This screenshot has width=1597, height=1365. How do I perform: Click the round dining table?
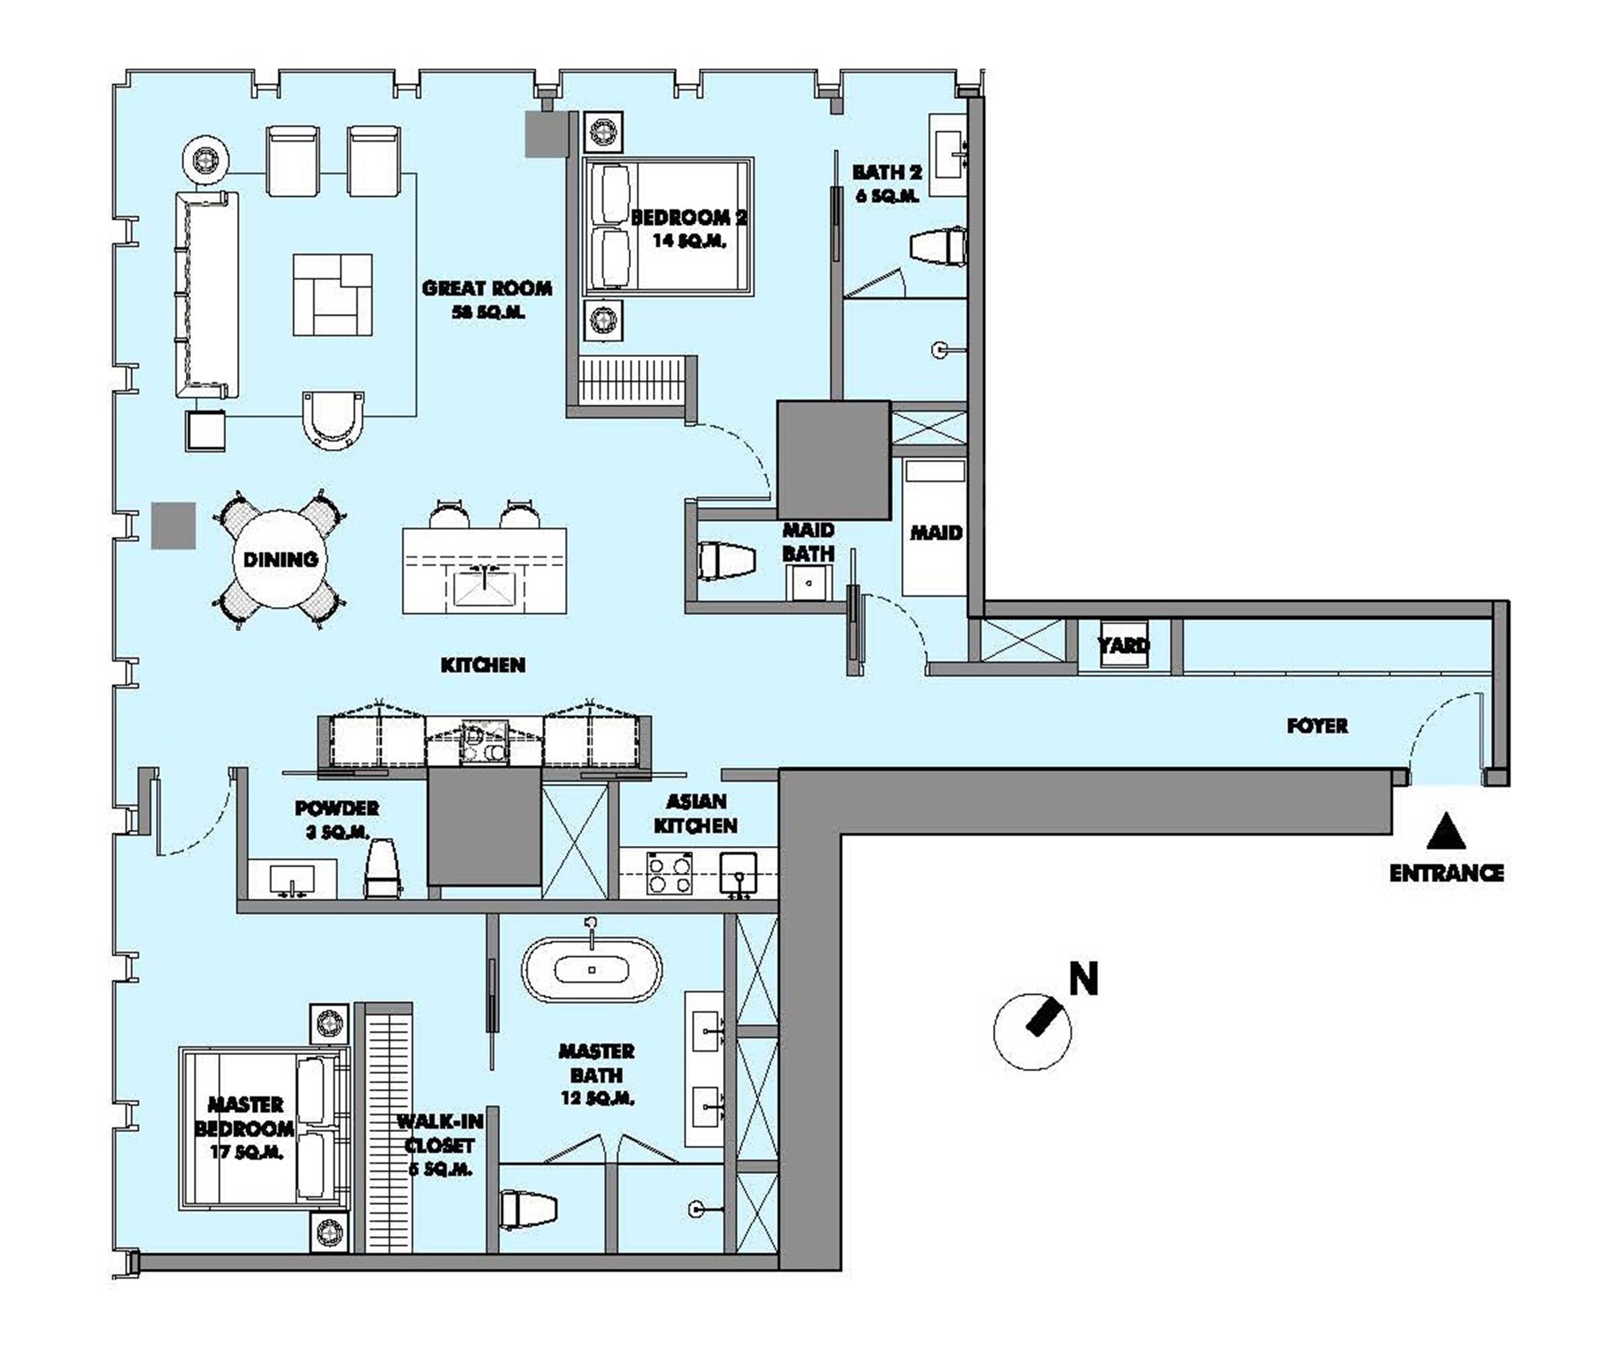[x=280, y=560]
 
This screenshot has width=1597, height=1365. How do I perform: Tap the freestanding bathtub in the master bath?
[x=592, y=969]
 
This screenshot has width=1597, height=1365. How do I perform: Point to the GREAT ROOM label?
[x=487, y=289]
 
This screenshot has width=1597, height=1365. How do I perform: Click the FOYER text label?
[x=1316, y=725]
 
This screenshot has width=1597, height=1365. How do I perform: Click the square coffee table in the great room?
[x=332, y=294]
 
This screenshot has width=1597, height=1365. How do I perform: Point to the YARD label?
[x=1123, y=644]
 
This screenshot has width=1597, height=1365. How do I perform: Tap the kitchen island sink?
[x=484, y=589]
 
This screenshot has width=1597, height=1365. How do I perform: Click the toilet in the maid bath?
[x=724, y=560]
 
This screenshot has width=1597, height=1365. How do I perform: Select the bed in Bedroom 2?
[x=668, y=227]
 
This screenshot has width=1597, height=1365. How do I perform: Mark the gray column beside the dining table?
[x=173, y=525]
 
